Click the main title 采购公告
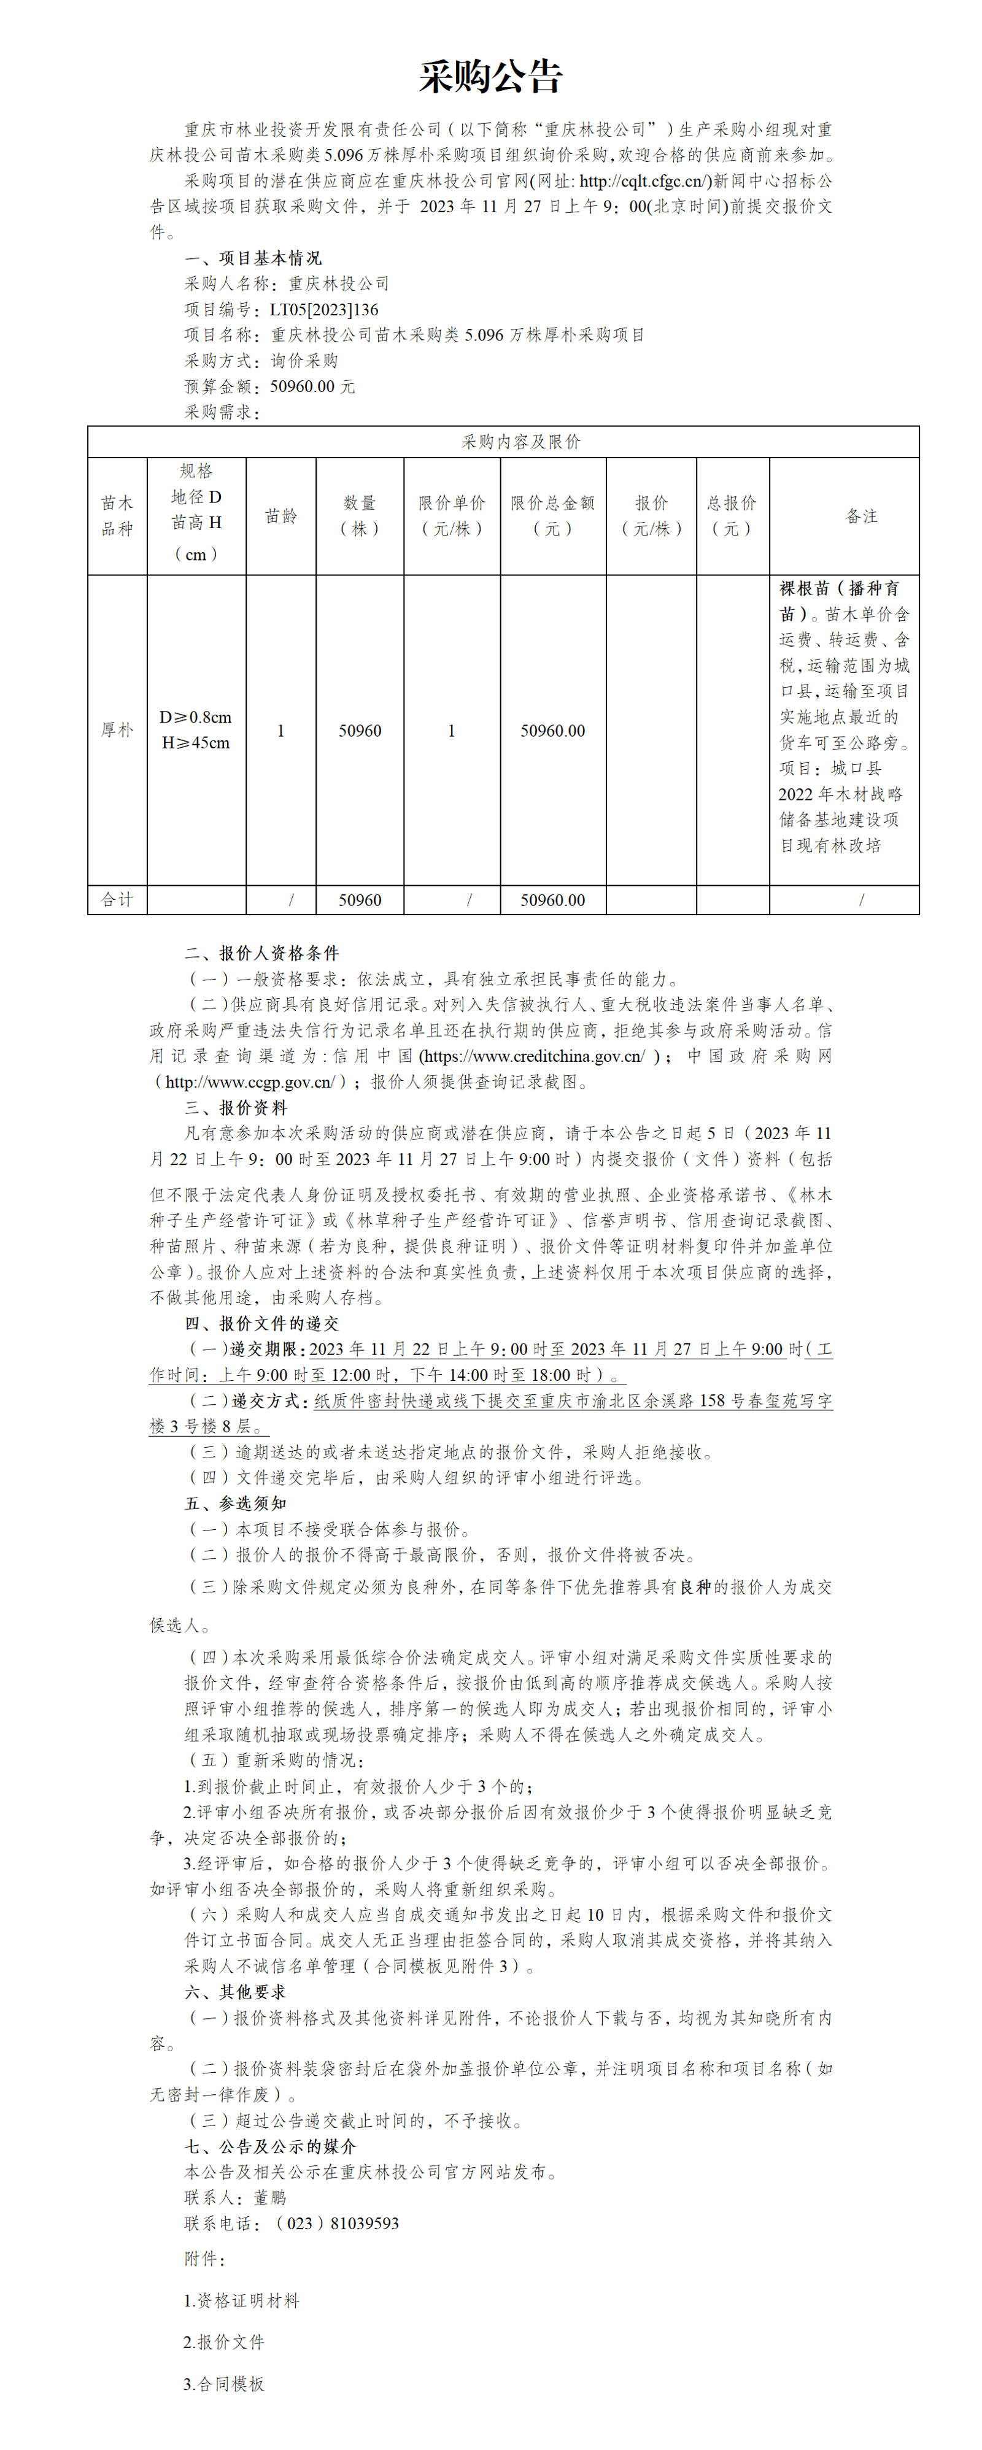pyautogui.click(x=491, y=76)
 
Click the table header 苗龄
pyautogui.click(x=280, y=515)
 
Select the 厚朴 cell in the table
pyautogui.click(x=117, y=729)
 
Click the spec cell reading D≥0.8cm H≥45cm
pyautogui.click(x=196, y=729)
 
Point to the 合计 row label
pyautogui.click(x=117, y=900)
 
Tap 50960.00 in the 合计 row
pyautogui.click(x=552, y=900)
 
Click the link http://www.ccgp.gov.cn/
pyautogui.click(x=249, y=1081)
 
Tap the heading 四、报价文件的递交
pyautogui.click(x=261, y=1323)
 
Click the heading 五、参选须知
pyautogui.click(x=235, y=1503)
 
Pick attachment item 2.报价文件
pyautogui.click(x=225, y=2341)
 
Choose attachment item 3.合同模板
pyautogui.click(x=225, y=2383)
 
